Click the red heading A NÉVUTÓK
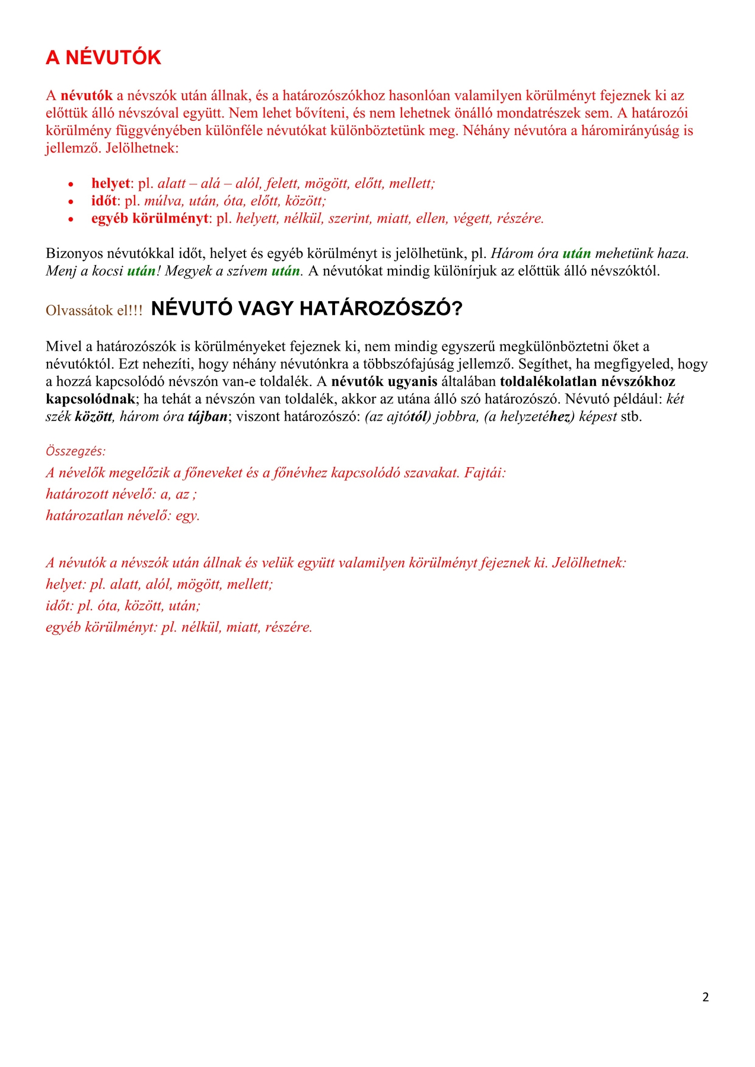click(103, 57)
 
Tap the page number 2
click(705, 997)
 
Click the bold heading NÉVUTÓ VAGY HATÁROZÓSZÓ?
click(307, 309)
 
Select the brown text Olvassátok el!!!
click(94, 311)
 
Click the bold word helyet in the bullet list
click(110, 183)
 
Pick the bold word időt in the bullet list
click(104, 201)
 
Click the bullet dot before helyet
click(71, 184)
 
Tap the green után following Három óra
click(576, 254)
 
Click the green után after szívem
click(286, 271)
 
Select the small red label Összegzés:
click(75, 451)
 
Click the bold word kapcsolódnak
click(90, 399)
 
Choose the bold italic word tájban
click(208, 417)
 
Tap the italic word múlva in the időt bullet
click(164, 201)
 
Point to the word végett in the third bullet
click(472, 218)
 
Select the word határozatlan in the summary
click(85, 516)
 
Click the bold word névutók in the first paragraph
click(87, 95)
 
